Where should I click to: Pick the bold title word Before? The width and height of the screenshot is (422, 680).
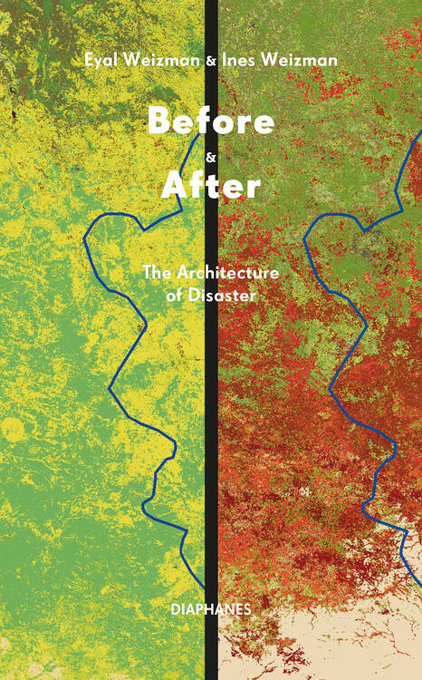[210, 121]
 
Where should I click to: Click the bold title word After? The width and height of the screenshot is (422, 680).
[210, 186]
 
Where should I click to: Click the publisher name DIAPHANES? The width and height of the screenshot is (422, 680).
[210, 609]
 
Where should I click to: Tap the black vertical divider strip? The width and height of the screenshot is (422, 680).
[211, 408]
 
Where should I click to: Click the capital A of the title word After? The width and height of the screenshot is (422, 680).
[173, 186]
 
